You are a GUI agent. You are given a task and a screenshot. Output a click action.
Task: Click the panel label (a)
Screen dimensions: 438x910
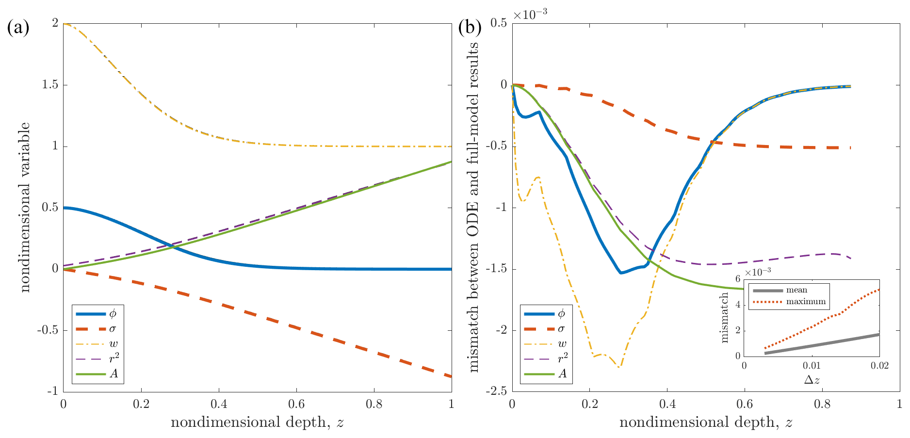pos(18,27)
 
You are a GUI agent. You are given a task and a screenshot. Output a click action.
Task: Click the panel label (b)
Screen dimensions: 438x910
pos(470,27)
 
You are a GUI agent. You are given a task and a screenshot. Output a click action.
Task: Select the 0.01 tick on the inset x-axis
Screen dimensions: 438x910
pos(812,365)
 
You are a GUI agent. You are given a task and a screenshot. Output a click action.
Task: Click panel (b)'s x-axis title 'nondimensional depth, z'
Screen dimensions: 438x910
pos(706,422)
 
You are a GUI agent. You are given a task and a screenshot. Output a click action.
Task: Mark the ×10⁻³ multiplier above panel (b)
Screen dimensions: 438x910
pos(530,15)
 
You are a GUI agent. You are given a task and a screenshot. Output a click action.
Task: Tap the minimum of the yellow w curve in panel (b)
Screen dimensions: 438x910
pos(619,367)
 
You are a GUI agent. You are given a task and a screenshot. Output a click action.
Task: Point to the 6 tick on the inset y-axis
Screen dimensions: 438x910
pos(737,279)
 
